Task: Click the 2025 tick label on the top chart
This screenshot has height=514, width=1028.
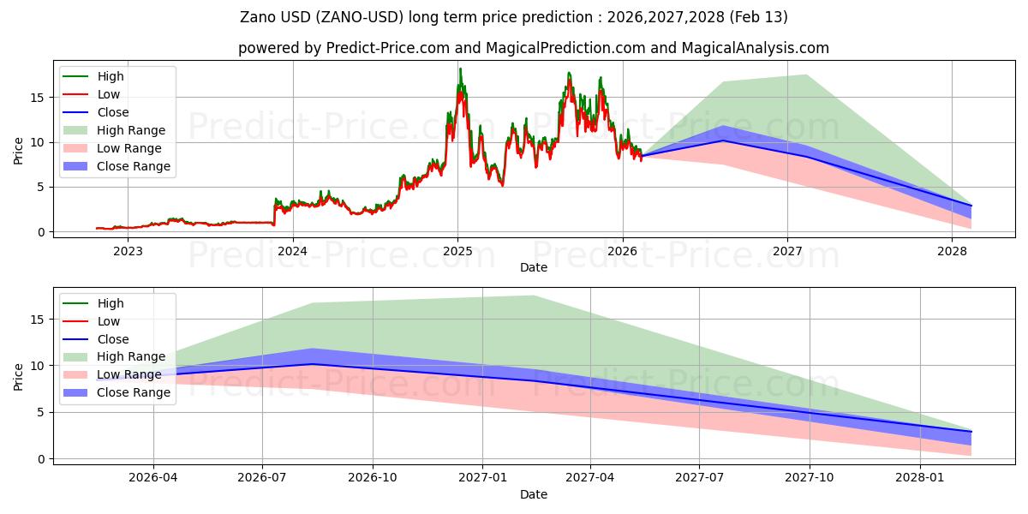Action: (457, 251)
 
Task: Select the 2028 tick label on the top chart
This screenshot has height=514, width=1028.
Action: (952, 251)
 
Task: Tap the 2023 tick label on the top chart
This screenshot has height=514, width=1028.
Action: (128, 251)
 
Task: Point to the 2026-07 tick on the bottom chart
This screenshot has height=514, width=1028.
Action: (263, 478)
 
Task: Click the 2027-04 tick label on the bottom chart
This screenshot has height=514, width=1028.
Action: (590, 478)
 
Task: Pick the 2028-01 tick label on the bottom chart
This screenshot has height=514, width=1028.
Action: (920, 478)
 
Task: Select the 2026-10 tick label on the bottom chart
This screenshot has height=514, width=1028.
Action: (373, 478)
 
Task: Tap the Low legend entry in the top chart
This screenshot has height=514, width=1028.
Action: (109, 94)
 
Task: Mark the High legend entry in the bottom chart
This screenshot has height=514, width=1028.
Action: (111, 303)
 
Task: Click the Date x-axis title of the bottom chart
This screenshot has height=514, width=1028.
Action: (534, 494)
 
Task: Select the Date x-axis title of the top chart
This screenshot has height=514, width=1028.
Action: (534, 267)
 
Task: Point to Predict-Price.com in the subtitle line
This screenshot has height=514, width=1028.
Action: (387, 48)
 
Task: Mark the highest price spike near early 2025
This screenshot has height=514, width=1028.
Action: (460, 69)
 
